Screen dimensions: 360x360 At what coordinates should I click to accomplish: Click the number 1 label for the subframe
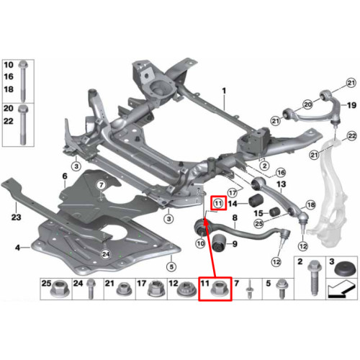pyautogui.click(x=224, y=91)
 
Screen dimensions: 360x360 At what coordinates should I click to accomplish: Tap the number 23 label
pyautogui.click(x=16, y=217)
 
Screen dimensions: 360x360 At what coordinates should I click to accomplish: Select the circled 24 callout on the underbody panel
pyautogui.click(x=106, y=254)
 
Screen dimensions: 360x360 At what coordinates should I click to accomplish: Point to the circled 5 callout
pyautogui.click(x=171, y=266)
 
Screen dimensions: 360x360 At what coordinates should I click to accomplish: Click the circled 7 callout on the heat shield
pyautogui.click(x=101, y=185)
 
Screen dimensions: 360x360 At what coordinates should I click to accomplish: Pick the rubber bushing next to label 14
pyautogui.click(x=256, y=201)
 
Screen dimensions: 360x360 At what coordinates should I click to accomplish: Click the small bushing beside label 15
pyautogui.click(x=274, y=212)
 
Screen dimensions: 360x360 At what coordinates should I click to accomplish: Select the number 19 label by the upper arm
pyautogui.click(x=351, y=105)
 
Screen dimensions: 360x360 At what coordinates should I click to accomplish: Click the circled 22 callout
pyautogui.click(x=351, y=136)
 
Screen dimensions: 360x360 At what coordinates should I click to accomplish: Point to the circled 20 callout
pyautogui.click(x=307, y=104)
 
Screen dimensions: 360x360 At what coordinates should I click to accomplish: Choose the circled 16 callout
pyautogui.click(x=281, y=172)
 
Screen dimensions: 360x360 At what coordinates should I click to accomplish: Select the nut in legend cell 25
pyautogui.click(x=60, y=289)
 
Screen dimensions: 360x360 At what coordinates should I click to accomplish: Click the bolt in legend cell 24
pyautogui.click(x=90, y=289)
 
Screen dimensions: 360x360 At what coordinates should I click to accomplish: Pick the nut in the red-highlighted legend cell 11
pyautogui.click(x=220, y=289)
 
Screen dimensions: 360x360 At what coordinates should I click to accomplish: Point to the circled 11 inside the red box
pyautogui.click(x=218, y=204)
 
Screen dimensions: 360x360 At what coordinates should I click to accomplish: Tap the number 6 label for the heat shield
pyautogui.click(x=65, y=176)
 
